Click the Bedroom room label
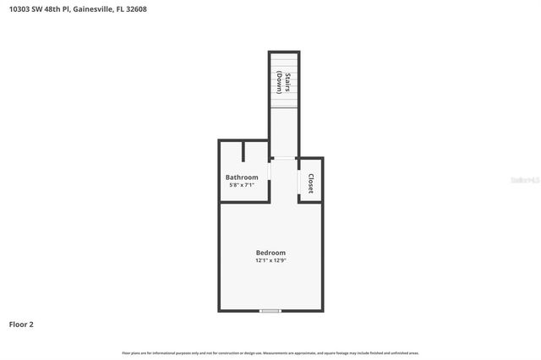270,253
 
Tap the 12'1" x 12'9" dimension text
270,261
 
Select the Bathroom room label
242,177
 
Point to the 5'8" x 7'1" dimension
242,185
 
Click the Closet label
311,183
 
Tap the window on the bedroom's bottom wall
270,311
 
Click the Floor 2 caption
21,324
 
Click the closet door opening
299,183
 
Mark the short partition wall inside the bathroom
243,150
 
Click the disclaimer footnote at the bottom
270,353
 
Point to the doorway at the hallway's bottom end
284,158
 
